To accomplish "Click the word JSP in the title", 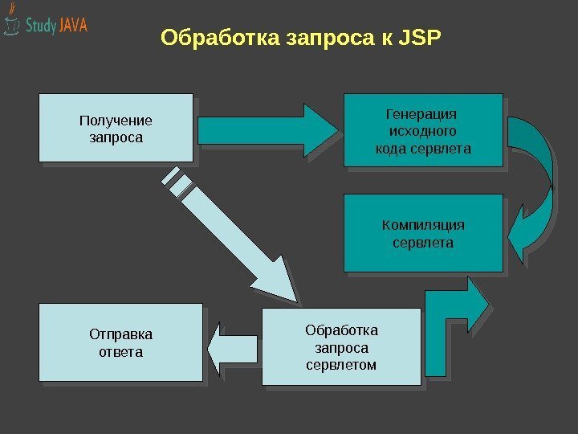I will coord(419,38).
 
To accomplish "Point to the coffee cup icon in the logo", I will coord(11,24).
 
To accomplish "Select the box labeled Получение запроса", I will coord(116,129).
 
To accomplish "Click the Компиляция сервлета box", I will coord(422,232).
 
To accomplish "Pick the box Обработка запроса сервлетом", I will coord(341,347).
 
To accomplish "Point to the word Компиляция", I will coord(422,224).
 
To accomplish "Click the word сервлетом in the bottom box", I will coord(341,365).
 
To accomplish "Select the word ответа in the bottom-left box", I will coord(120,352).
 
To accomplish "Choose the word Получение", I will coord(116,121).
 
